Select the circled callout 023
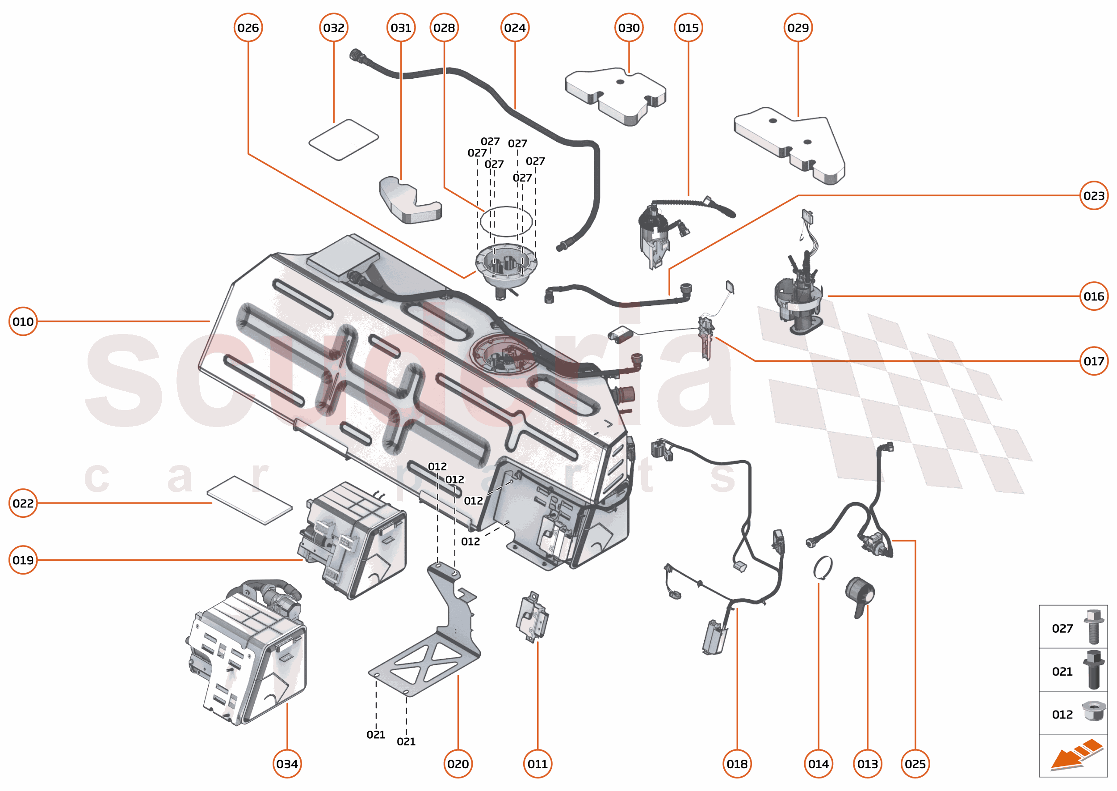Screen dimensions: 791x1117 [1093, 195]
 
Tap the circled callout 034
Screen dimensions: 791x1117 [287, 764]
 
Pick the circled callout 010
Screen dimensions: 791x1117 [23, 321]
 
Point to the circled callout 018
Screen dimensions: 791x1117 [737, 764]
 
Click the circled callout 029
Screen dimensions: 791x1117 [798, 28]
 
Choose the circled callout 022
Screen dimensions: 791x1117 [23, 503]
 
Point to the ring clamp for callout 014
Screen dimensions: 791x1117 [823, 568]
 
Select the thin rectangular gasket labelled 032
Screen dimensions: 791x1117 [344, 140]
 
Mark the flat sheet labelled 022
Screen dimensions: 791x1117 [249, 500]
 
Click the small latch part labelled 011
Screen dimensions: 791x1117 [532, 617]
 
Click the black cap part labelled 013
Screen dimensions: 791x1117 [860, 595]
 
